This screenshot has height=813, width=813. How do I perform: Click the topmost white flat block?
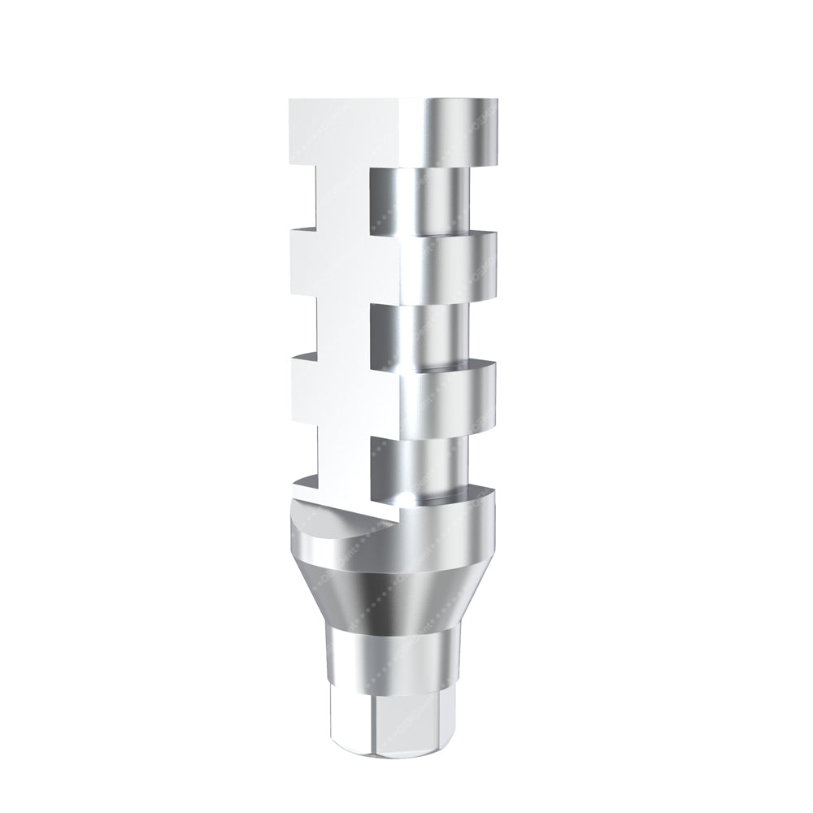(x=354, y=130)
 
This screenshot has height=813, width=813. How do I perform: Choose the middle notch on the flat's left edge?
(x=305, y=329)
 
